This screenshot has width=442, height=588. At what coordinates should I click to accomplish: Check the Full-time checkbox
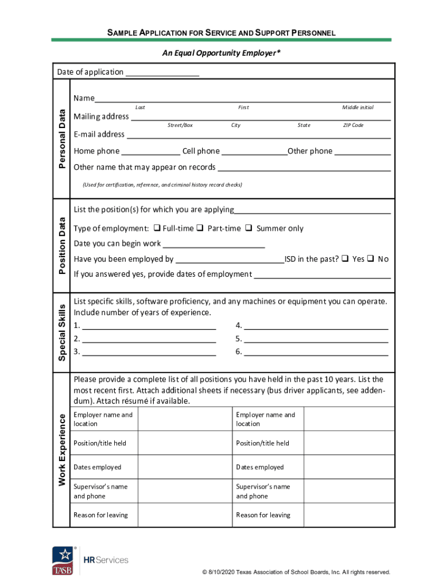pos(158,228)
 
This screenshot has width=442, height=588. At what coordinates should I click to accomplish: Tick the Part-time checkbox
pos(200,228)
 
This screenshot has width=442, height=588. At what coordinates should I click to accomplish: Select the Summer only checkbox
pos(249,228)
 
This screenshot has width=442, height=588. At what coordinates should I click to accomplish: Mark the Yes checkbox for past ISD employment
pos(345,258)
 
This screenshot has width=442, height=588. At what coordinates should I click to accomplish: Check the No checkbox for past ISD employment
pos(371,258)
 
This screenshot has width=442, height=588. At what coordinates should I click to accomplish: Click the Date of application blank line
pos(162,73)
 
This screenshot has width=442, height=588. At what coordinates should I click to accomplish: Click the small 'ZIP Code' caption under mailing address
pos(353,125)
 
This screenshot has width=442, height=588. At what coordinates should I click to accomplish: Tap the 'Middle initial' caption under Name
pos(358,107)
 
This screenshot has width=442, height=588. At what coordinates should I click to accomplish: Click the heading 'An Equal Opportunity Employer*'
pos(221,53)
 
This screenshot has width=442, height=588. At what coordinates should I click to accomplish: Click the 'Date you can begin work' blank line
pos(214,245)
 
